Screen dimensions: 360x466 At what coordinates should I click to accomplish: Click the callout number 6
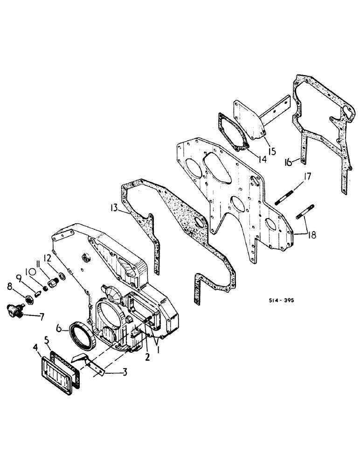[60, 329]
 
